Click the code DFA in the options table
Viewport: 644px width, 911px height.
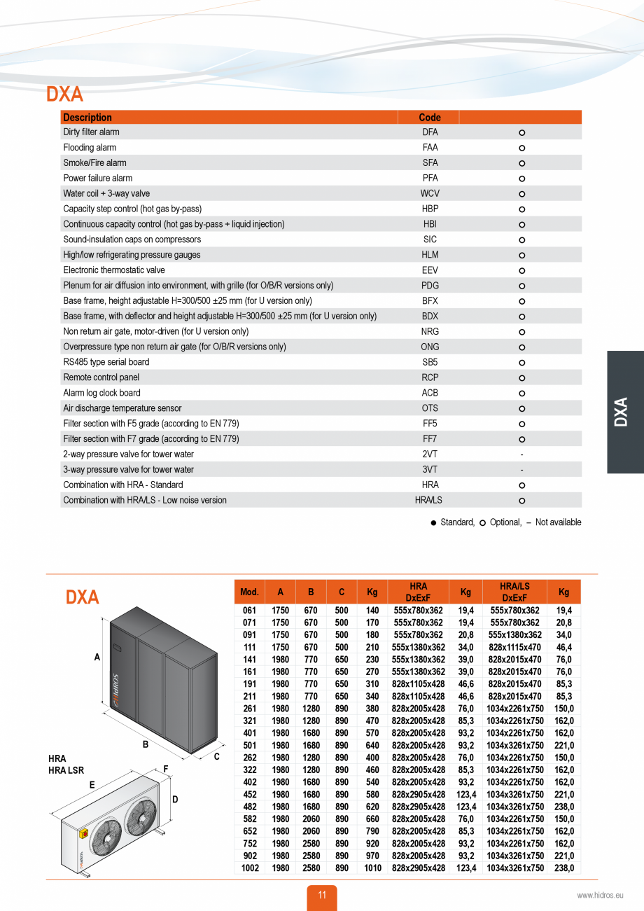pos(430,132)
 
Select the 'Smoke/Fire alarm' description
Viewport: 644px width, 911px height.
pos(94,162)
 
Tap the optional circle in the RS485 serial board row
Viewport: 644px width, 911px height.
pos(521,363)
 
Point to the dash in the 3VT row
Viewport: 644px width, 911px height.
pos(521,470)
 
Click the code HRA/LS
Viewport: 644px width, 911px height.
pos(429,500)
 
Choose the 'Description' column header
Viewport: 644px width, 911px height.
pos(87,117)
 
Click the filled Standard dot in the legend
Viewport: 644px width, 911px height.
pos(433,522)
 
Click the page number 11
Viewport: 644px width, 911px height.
pos(322,895)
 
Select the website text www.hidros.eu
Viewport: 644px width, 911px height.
pos(599,895)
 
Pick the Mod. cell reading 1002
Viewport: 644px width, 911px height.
pos(249,868)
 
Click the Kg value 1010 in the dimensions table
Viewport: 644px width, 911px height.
pos(372,868)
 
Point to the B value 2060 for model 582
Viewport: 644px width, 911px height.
pos(311,819)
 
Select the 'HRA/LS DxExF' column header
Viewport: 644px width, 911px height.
pos(514,592)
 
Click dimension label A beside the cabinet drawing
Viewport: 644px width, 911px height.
pos(97,657)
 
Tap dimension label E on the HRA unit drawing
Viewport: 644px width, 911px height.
pos(92,786)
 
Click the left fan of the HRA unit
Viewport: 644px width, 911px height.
pos(107,837)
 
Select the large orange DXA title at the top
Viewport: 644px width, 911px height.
pos(64,94)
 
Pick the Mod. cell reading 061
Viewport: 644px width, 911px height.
pos(249,611)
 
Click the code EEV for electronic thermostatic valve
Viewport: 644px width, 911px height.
pos(430,270)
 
